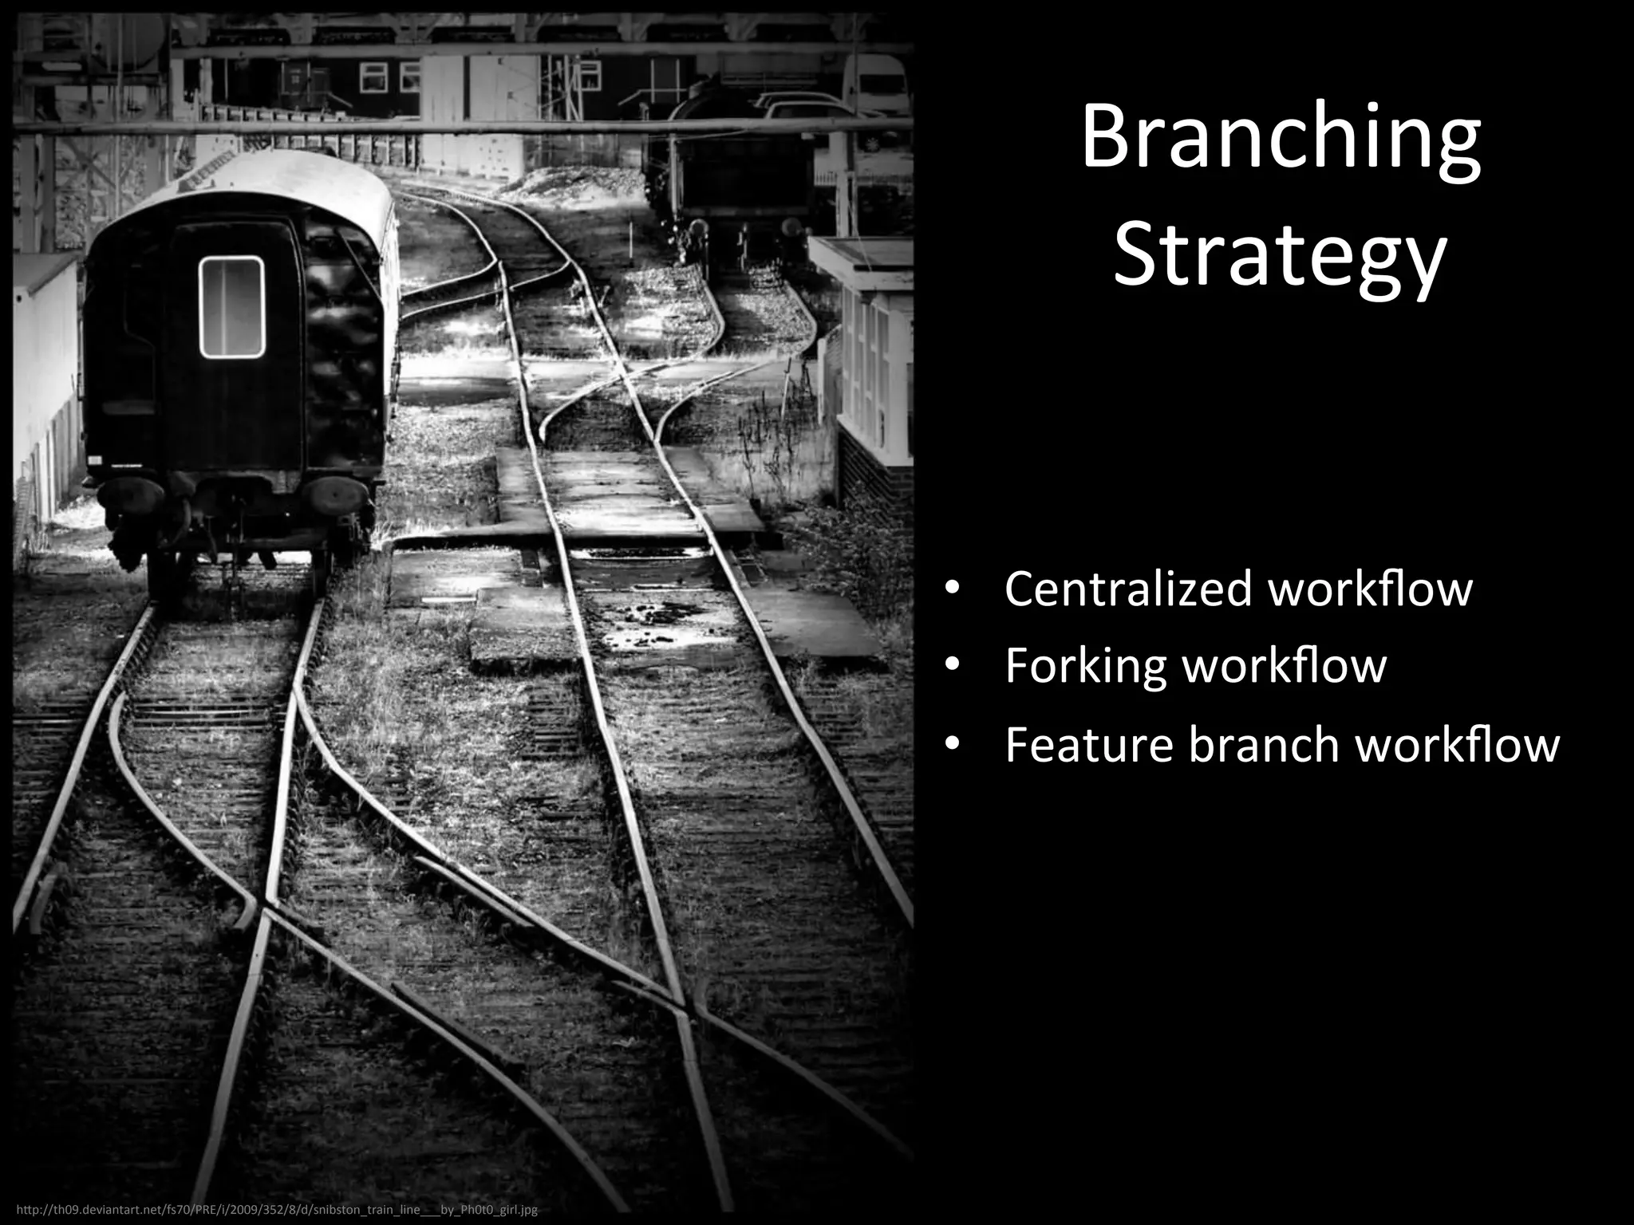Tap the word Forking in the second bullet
coord(1085,666)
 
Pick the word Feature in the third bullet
coord(1088,745)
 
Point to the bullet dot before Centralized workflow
coord(951,590)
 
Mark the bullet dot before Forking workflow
coord(951,666)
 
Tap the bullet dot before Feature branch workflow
coord(951,745)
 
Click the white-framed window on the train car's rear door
coord(231,307)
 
